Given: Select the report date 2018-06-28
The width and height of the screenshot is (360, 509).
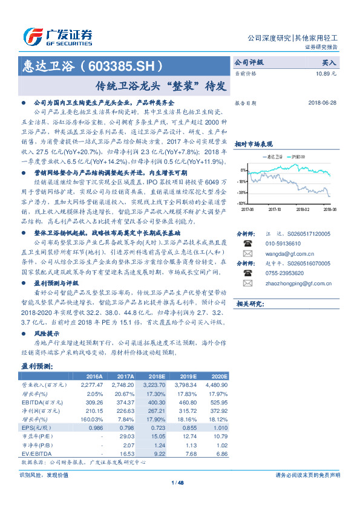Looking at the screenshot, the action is (x=321, y=103).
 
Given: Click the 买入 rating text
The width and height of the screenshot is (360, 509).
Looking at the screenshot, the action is (x=329, y=62).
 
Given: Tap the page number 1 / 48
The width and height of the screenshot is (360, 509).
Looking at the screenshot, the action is (x=180, y=482).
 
